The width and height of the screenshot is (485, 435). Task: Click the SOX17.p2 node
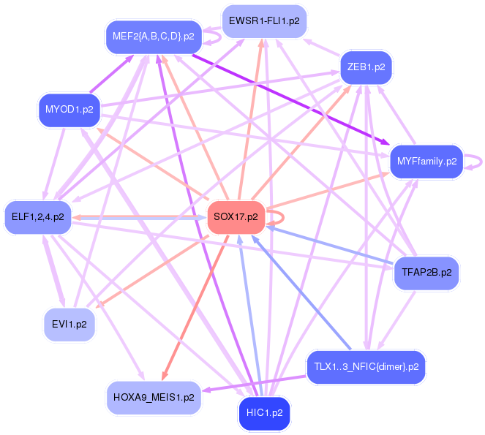236,217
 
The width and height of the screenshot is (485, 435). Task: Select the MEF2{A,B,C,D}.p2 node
153,36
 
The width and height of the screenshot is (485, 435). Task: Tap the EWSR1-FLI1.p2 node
263,21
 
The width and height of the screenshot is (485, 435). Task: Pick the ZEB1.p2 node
366,67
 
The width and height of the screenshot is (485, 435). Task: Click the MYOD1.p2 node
69,110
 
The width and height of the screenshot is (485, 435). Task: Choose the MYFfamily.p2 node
426,161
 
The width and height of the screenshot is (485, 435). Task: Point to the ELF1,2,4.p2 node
37,217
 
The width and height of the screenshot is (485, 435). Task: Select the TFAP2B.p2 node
426,273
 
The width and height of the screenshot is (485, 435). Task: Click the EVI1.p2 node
69,323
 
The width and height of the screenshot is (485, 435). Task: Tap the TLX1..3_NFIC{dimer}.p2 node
365,366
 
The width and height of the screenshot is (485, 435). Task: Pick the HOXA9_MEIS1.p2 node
154,398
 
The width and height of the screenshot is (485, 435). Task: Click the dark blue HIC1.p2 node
264,413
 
